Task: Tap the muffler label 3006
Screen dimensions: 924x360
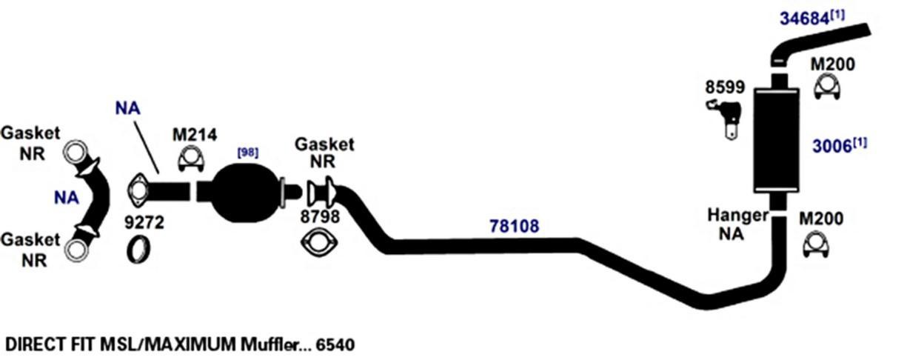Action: pos(832,146)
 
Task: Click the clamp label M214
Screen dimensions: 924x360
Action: pos(194,135)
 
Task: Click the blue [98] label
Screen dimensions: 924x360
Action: pos(247,153)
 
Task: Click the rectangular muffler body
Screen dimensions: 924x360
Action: pos(775,140)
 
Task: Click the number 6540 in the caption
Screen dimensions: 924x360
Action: pos(334,344)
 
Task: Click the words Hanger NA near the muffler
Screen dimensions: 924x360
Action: pos(737,224)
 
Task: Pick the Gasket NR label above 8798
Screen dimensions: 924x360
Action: pos(324,153)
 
